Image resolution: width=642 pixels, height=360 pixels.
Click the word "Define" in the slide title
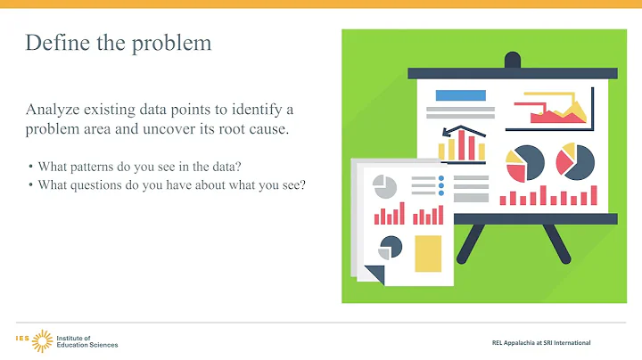[x=52, y=43]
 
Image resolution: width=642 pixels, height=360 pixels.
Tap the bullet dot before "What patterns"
[x=31, y=167]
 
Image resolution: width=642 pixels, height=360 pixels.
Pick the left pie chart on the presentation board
[x=525, y=162]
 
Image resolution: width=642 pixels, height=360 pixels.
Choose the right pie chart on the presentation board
[x=575, y=161]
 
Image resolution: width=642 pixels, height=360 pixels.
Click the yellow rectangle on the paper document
[x=428, y=252]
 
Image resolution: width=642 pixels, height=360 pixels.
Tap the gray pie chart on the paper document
[x=384, y=186]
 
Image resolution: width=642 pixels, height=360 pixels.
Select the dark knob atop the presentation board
[x=512, y=61]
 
